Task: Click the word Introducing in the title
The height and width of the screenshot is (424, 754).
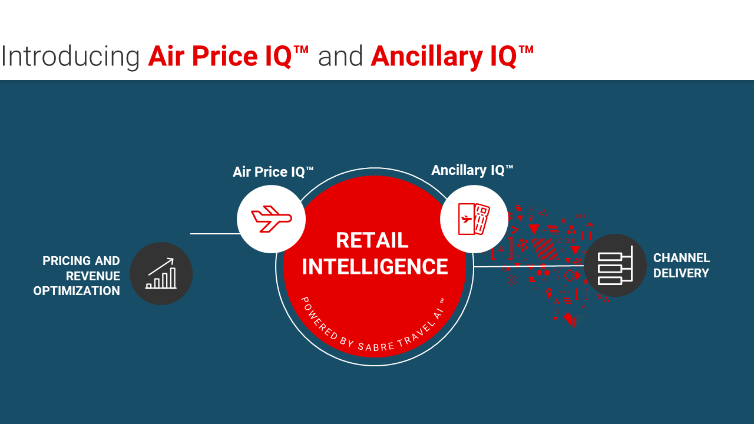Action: [70, 57]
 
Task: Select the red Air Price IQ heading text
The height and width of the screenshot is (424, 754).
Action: [228, 56]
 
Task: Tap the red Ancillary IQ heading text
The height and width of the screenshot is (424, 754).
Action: [452, 57]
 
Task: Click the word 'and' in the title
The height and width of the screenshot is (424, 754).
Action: [340, 56]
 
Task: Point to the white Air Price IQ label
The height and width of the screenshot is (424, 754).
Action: [273, 171]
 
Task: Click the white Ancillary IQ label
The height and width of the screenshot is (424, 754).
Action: [472, 170]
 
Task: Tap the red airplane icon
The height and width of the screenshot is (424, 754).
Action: [272, 219]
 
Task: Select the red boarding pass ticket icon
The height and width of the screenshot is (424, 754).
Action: [474, 218]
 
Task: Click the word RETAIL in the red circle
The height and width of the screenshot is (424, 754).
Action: [372, 240]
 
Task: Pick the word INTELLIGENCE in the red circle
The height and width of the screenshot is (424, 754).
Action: [375, 267]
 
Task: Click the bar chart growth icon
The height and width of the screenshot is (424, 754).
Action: [161, 274]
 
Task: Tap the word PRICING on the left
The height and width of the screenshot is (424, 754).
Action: [67, 261]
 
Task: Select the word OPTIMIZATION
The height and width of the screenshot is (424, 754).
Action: [77, 291]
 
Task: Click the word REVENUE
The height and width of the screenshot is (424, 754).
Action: [93, 276]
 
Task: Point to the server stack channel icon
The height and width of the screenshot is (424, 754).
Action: [616, 266]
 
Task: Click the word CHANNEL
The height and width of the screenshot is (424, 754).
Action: [682, 258]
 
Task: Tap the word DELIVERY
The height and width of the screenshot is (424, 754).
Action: [681, 273]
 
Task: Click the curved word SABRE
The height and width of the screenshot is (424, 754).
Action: [376, 346]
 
